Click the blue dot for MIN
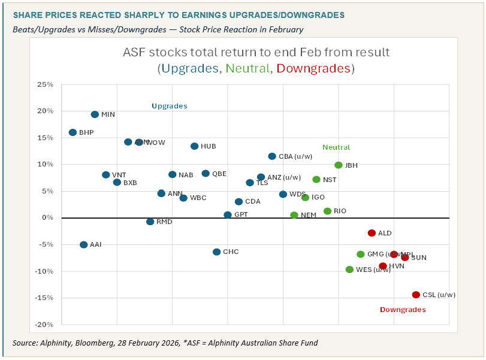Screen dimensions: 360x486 [95, 114]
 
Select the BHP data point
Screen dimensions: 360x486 [73, 132]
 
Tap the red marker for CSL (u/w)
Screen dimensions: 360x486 [416, 295]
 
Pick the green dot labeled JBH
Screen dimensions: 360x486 [339, 165]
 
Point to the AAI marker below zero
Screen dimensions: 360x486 [84, 244]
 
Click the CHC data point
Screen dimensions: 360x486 [217, 252]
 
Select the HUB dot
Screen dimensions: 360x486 [195, 146]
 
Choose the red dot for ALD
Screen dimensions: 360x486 [372, 233]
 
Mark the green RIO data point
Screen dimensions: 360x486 [327, 211]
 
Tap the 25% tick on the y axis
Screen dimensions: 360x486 [46, 84]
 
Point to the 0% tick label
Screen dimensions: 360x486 [48, 217]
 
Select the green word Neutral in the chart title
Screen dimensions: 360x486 [246, 69]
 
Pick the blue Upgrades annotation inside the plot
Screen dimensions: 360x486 [170, 106]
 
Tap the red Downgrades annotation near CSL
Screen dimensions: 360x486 [403, 310]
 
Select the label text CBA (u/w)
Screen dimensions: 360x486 [296, 156]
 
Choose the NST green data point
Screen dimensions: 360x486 [316, 180]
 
